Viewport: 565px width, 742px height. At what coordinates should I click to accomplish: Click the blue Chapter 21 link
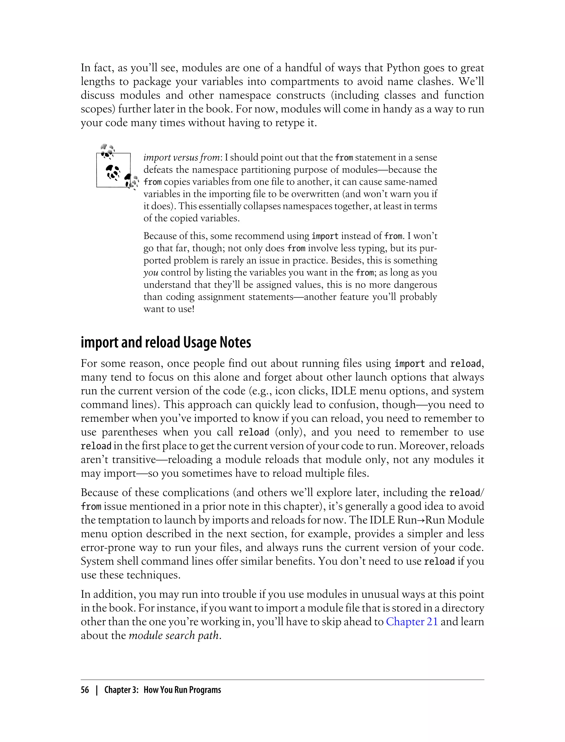[x=412, y=622]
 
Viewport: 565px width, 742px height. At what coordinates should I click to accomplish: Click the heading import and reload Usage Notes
[x=166, y=342]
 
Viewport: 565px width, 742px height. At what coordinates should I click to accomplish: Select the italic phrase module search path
[x=174, y=635]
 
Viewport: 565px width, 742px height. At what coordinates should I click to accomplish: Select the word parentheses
[x=129, y=432]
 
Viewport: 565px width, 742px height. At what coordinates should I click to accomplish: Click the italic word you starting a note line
[x=151, y=272]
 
